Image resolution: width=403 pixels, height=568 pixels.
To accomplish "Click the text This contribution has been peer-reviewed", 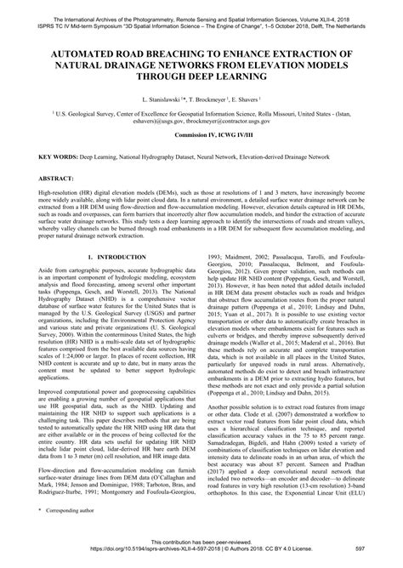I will pos(201,554).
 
